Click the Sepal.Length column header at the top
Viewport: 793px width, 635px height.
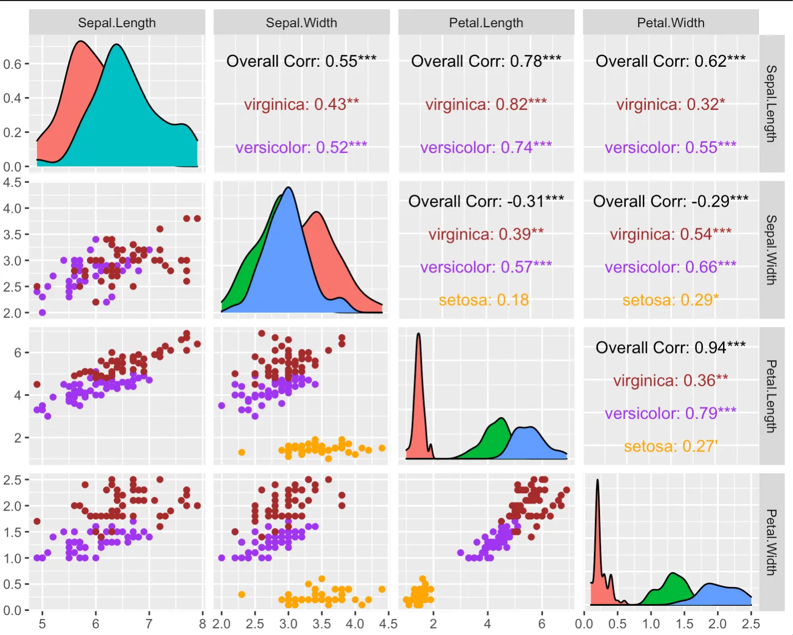(x=117, y=23)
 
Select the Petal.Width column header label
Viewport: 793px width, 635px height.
(x=671, y=23)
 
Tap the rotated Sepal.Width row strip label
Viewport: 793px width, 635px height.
(x=771, y=250)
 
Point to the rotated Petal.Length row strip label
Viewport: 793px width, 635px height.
(x=771, y=396)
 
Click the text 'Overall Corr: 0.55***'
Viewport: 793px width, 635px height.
(x=301, y=62)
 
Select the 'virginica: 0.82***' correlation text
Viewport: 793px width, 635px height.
(x=486, y=105)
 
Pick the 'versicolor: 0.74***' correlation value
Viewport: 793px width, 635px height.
(x=486, y=148)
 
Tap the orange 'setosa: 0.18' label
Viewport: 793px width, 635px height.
(x=483, y=300)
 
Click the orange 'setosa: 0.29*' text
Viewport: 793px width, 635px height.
(x=671, y=300)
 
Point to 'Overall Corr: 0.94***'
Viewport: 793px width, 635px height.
(x=671, y=348)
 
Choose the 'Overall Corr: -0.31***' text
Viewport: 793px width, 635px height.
(x=486, y=201)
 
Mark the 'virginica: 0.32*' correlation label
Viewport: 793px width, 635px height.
(x=671, y=105)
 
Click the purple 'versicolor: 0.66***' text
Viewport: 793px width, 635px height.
(x=671, y=268)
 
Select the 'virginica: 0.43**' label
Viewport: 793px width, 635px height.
(x=301, y=105)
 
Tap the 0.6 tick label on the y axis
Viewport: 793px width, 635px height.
(x=12, y=64)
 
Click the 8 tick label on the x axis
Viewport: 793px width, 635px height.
(x=203, y=624)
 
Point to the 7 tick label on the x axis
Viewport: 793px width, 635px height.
(x=149, y=624)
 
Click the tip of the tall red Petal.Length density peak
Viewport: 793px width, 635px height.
(x=419, y=334)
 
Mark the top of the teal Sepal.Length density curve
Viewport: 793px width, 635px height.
(x=117, y=45)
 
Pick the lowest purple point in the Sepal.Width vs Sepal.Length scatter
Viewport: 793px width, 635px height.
(x=42, y=312)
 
